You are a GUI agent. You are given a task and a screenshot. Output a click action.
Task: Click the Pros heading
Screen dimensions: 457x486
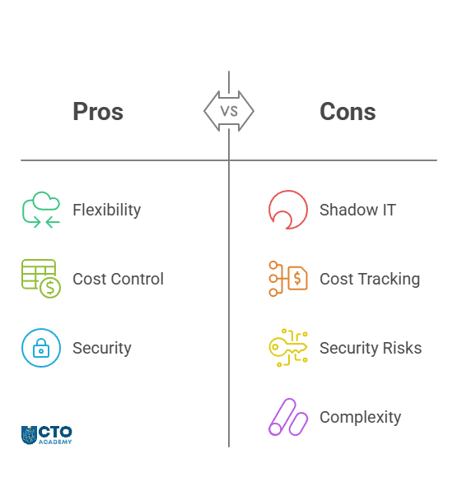pyautogui.click(x=98, y=112)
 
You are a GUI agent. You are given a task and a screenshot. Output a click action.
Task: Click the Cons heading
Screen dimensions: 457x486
pyautogui.click(x=347, y=112)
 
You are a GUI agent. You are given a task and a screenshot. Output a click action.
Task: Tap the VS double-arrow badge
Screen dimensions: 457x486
pyautogui.click(x=229, y=111)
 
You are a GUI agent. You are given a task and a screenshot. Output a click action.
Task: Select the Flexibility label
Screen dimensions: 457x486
pyautogui.click(x=106, y=211)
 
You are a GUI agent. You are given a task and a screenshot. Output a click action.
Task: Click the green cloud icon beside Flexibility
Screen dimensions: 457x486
pyautogui.click(x=47, y=200)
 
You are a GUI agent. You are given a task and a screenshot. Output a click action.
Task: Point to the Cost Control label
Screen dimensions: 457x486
pyautogui.click(x=118, y=279)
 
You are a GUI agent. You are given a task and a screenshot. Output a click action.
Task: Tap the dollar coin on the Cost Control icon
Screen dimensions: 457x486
pyautogui.click(x=50, y=288)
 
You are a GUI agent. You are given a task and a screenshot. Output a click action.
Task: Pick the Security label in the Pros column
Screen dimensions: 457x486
pyautogui.click(x=102, y=348)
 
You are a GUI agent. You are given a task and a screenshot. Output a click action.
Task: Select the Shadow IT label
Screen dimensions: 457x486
pyautogui.click(x=357, y=211)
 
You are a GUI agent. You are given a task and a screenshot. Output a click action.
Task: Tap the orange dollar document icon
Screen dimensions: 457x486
pyautogui.click(x=298, y=278)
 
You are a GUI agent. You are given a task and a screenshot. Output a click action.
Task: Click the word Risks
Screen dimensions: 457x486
pyautogui.click(x=402, y=348)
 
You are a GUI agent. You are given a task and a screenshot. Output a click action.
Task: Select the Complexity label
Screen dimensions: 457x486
pyautogui.click(x=360, y=418)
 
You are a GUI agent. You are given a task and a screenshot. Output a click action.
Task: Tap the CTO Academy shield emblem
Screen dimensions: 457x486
pyautogui.click(x=29, y=435)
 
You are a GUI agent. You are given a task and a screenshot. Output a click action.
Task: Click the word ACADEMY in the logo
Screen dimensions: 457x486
pyautogui.click(x=55, y=442)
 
